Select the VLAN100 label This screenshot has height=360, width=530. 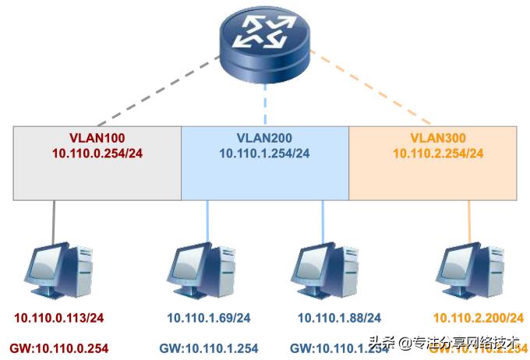tap(97, 138)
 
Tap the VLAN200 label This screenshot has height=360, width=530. tap(264, 138)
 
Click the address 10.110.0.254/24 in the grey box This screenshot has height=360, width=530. tap(97, 154)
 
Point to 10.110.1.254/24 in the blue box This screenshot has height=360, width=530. tap(264, 154)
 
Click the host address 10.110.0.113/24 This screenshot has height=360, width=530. tap(61, 318)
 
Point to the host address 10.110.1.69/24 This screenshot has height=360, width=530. tap(210, 318)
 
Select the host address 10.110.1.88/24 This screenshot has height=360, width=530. tap(339, 318)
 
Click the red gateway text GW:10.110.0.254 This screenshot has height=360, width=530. tap(59, 348)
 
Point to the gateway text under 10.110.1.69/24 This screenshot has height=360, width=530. tap(209, 348)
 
